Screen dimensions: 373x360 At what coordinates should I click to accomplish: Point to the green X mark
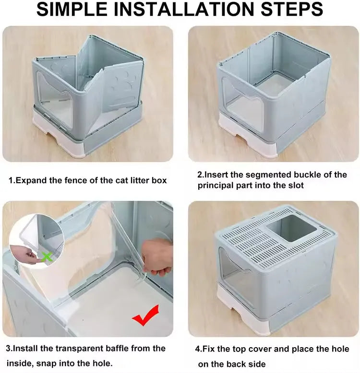point(47,256)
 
